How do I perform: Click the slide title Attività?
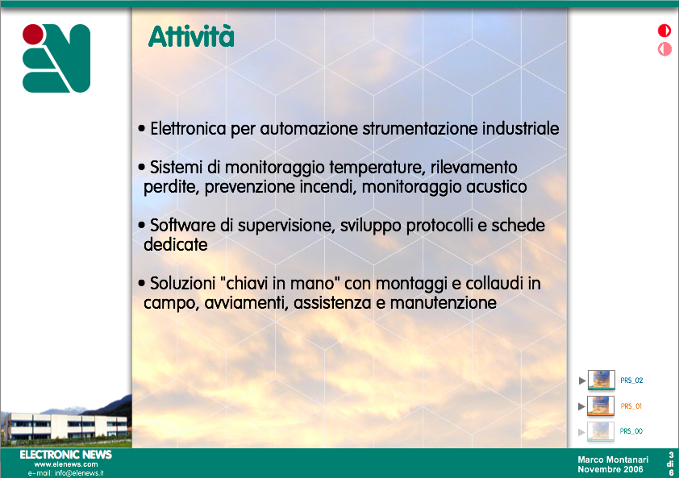[x=191, y=36]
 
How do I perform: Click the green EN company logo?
[x=56, y=58]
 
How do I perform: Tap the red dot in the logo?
[x=33, y=34]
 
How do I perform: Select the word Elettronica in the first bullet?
[x=188, y=129]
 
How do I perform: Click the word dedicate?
[x=175, y=244]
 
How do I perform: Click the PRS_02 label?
[x=631, y=380]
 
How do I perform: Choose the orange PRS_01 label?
[x=631, y=405]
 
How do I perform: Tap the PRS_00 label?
[x=631, y=430]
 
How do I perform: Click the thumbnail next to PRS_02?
[x=601, y=380]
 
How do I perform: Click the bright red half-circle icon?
[x=664, y=31]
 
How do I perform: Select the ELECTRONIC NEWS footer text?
[x=66, y=455]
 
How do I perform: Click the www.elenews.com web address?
[x=66, y=464]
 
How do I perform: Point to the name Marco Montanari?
[x=613, y=459]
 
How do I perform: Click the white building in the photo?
[x=66, y=426]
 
